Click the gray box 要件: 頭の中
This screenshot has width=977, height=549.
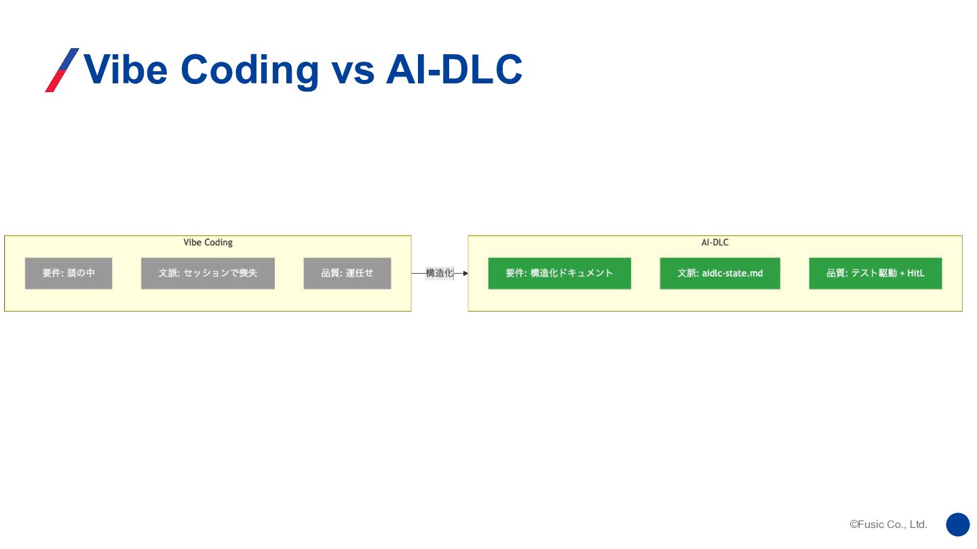coord(69,273)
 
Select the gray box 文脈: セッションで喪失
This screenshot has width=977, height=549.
coord(208,273)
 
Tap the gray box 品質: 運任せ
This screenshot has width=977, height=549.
coord(347,273)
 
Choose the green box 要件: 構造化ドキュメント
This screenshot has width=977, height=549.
coord(559,273)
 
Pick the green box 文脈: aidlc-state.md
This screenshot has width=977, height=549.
coord(720,273)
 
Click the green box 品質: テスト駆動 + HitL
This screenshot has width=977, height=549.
coord(875,273)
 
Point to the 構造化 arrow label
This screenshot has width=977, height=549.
coord(439,273)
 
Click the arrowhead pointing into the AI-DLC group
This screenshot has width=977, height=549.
coord(465,273)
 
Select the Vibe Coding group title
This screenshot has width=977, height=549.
coord(208,243)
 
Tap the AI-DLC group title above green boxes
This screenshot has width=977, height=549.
coord(715,243)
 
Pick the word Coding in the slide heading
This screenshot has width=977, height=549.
coord(250,69)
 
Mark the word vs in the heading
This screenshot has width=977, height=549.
coord(353,69)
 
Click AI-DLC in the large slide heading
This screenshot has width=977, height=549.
coord(454,69)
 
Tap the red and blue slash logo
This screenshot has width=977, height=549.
coord(62,70)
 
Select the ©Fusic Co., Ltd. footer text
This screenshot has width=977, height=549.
coord(888,525)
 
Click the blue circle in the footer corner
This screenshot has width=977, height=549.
coord(958,525)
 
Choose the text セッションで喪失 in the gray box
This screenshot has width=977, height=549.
coord(221,273)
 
